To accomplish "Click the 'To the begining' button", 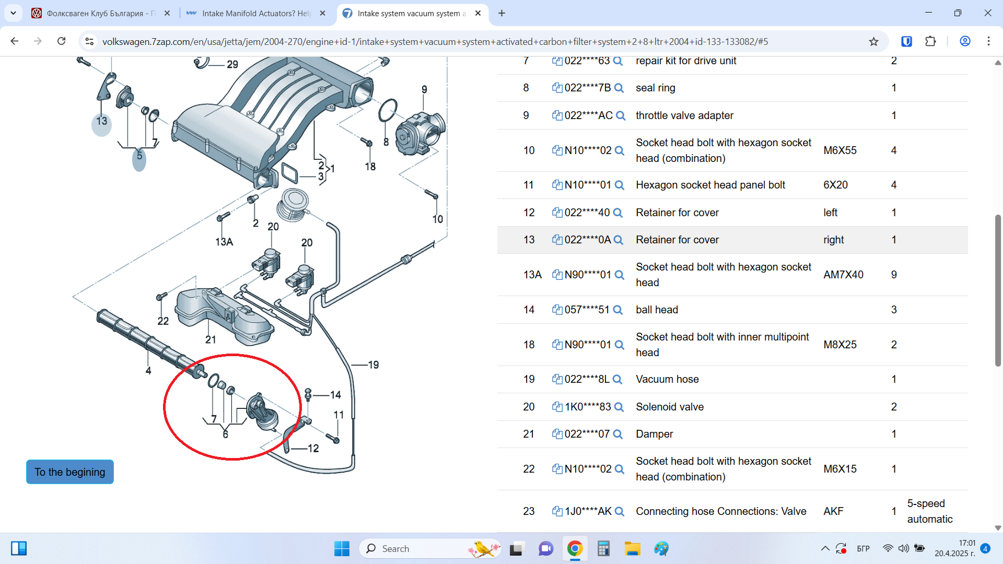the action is point(70,472).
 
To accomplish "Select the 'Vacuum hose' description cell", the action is point(667,379).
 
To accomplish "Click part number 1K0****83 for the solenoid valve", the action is point(588,407).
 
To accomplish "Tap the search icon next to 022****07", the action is point(617,434).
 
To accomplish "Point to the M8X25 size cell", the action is point(840,345).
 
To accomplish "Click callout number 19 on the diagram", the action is point(374,365).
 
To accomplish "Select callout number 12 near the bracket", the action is point(313,448).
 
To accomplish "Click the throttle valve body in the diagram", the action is point(421,133).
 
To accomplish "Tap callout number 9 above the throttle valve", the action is point(424,89).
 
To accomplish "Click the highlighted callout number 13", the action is point(101,121).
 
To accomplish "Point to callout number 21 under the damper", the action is point(211,339).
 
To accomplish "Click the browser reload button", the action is point(62,41).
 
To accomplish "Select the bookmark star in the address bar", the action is point(873,41).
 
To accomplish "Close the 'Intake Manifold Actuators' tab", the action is point(323,13).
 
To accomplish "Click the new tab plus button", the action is point(501,13).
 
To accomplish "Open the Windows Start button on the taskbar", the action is point(342,548).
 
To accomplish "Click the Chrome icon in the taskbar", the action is point(575,548).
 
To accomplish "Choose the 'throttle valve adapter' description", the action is point(684,115).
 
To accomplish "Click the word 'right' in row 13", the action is point(834,240).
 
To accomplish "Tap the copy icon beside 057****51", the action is point(557,310).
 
